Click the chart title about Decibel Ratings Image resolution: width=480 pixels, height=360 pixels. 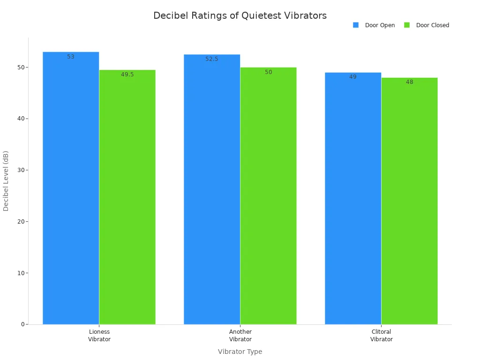[240, 15]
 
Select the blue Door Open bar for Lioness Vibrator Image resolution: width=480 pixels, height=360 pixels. [71, 187]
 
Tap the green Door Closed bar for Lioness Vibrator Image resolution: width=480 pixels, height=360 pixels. [127, 197]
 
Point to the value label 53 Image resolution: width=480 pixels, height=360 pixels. [71, 57]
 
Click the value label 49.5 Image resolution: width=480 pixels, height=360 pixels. [127, 75]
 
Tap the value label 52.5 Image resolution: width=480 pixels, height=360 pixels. [212, 59]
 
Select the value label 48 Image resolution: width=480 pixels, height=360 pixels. [409, 82]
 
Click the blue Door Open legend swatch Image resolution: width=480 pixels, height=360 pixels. [356, 25]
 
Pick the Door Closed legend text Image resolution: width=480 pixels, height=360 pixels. [432, 25]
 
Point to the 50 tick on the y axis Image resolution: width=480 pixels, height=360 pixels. [20, 67]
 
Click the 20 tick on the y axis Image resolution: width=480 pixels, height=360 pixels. [20, 222]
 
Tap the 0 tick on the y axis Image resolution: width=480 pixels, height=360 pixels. [22, 324]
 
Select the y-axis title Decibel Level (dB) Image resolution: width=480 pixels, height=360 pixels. [6, 181]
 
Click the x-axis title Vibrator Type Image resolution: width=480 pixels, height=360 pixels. [240, 352]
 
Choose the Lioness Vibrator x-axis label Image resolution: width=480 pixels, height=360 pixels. [99, 336]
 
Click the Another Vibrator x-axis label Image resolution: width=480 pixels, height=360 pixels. [240, 336]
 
